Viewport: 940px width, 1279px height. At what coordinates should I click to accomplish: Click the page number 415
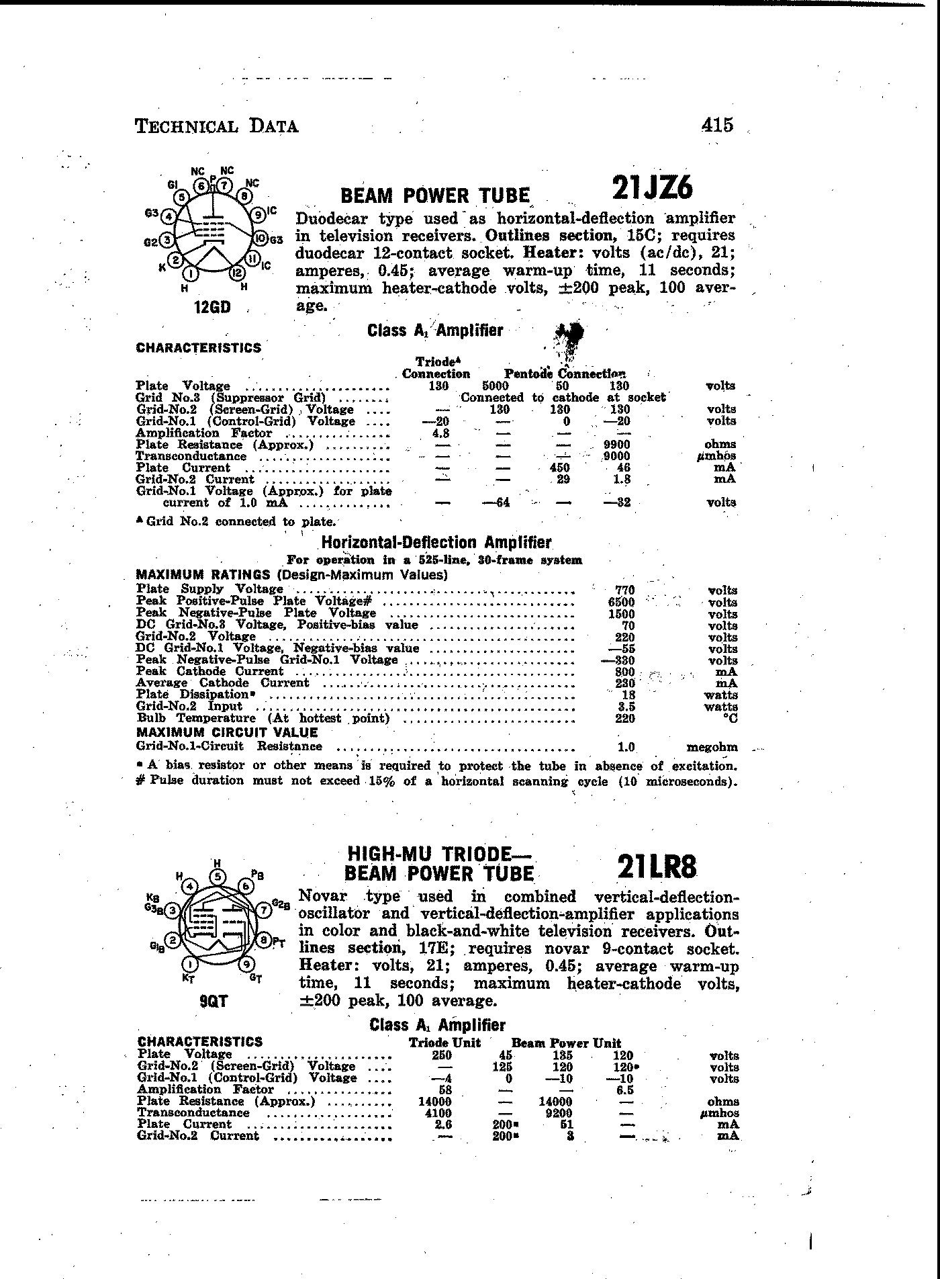coord(717,125)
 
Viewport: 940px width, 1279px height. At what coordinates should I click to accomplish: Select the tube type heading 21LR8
coord(657,868)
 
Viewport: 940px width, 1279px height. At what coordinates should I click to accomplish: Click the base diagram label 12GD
coord(211,308)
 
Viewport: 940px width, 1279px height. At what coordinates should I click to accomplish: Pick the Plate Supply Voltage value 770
coord(624,590)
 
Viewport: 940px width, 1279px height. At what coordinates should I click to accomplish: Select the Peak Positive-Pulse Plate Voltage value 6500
coord(621,603)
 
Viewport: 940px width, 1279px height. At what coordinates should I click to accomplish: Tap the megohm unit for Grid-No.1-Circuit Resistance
coord(712,747)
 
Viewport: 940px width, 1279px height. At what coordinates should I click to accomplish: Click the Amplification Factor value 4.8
coord(439,433)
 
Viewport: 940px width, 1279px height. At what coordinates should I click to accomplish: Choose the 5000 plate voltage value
coord(496,386)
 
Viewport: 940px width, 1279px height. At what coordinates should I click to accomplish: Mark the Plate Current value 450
coord(559,468)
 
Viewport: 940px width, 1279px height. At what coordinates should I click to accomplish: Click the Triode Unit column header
coord(445,1043)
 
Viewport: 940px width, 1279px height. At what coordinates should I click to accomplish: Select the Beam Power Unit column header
coord(566,1043)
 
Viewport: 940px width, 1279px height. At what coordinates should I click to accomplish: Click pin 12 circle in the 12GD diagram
coord(236,272)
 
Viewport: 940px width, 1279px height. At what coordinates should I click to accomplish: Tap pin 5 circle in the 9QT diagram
coord(218,877)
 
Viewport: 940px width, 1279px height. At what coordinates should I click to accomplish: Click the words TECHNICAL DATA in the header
coord(217,126)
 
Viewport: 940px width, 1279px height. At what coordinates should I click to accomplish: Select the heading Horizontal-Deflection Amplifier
coord(436,543)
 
